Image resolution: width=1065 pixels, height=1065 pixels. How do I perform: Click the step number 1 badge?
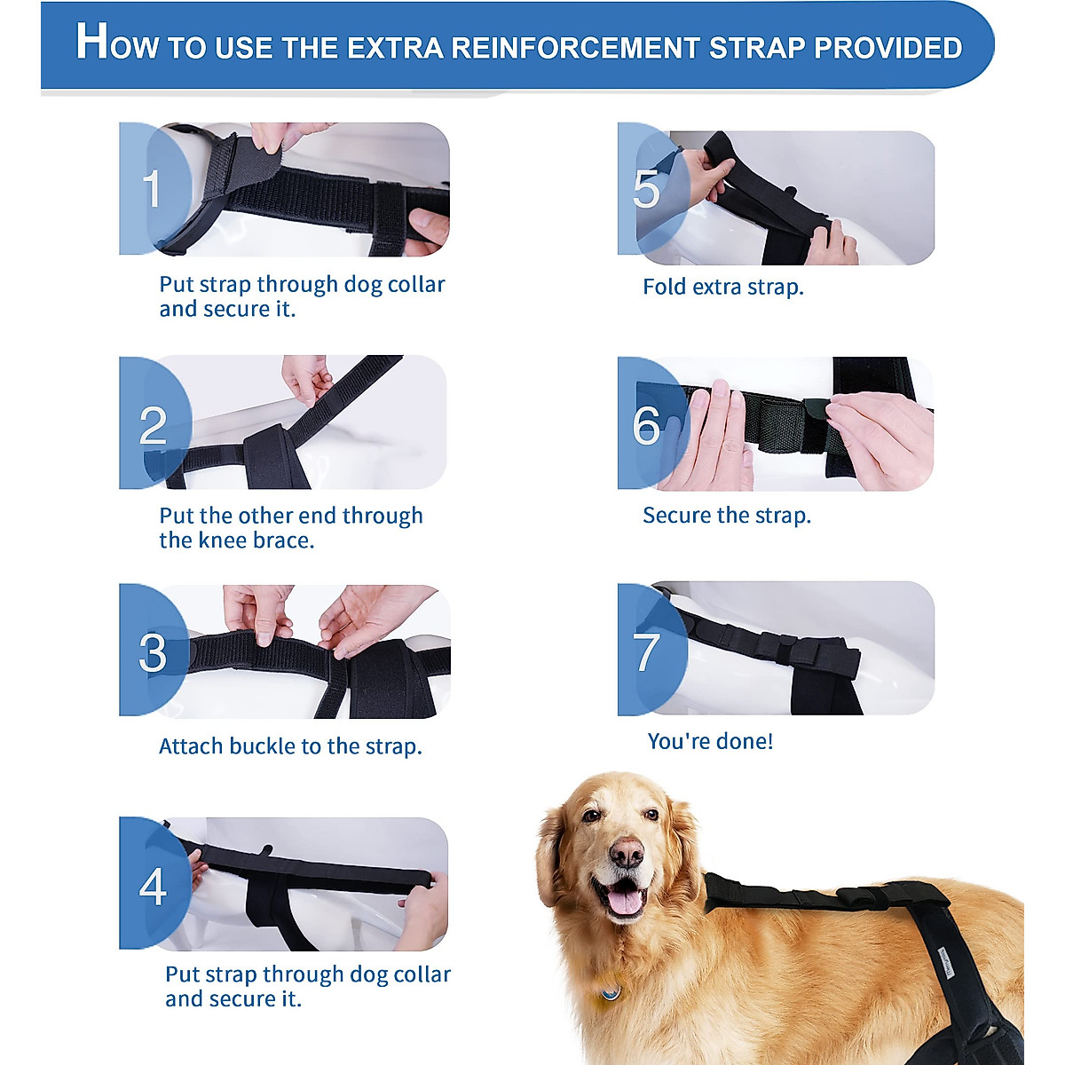153,188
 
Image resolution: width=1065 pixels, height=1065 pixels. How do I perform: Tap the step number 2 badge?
153,425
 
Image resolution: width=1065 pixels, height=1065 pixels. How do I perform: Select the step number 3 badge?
153,652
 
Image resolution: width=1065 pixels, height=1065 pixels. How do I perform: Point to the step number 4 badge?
153,886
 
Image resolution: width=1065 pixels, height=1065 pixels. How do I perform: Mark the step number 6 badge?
646,425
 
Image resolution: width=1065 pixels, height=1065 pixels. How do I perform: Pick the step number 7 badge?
647,651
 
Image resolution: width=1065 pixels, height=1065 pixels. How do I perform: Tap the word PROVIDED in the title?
887,48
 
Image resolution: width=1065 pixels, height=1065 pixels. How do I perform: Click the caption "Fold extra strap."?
722,288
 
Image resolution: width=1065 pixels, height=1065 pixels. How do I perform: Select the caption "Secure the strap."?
726,516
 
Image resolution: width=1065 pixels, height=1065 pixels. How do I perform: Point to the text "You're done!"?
710,741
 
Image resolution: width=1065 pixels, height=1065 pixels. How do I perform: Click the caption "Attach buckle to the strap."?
290,746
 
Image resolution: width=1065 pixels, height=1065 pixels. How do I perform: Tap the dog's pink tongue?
625,902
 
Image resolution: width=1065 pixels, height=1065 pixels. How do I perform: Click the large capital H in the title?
92,42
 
